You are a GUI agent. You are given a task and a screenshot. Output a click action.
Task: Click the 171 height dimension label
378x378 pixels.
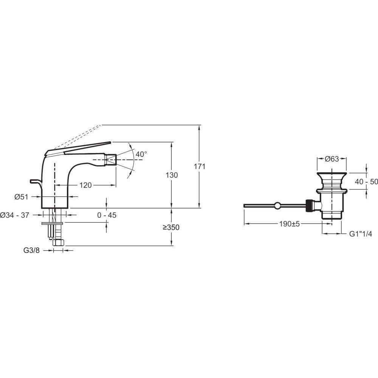click(199, 166)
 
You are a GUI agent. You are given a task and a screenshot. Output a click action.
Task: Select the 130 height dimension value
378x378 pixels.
click(172, 175)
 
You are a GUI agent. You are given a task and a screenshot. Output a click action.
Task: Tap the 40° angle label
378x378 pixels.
click(141, 154)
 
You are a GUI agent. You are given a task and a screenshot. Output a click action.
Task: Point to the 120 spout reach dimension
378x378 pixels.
click(85, 185)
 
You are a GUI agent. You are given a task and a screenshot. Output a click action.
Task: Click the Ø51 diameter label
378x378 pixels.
click(22, 197)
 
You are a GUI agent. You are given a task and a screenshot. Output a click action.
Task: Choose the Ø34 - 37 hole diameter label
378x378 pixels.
click(14, 215)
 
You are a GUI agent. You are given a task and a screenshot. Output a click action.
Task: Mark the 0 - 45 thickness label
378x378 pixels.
click(107, 215)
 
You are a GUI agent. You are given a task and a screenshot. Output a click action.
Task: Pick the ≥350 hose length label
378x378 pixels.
click(171, 227)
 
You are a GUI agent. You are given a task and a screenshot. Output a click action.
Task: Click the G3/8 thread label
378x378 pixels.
click(31, 250)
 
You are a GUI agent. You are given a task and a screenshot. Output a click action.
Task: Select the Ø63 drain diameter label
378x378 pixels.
click(332, 159)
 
